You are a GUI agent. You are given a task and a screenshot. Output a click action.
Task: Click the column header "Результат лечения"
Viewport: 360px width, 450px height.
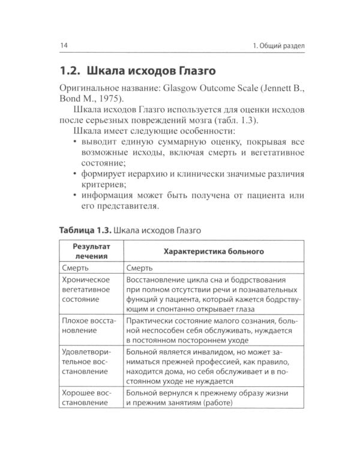[x=91, y=251]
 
